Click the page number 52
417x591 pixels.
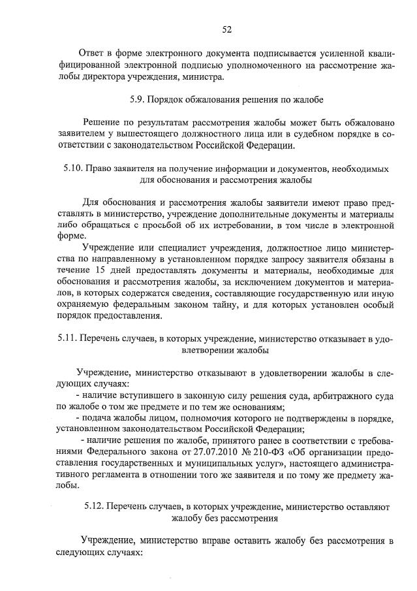227,29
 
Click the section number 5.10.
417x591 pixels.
74,168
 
